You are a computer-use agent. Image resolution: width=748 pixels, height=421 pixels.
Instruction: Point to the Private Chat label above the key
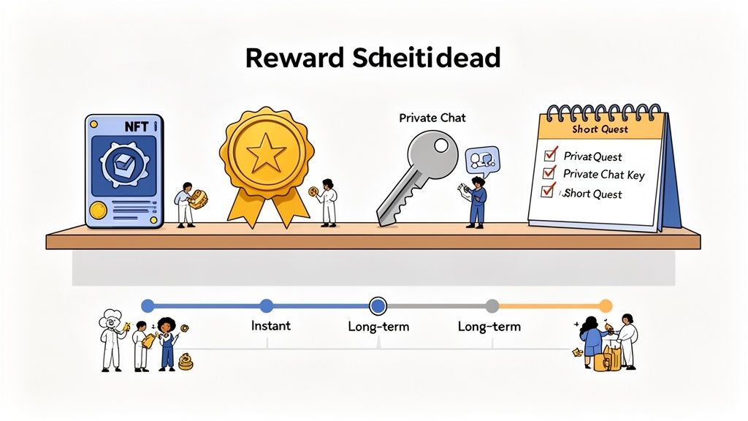point(432,117)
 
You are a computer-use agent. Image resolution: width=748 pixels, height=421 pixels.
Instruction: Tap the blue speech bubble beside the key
point(482,159)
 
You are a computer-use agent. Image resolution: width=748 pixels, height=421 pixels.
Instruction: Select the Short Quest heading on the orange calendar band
point(600,129)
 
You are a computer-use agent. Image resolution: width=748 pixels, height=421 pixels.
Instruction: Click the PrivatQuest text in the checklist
point(593,156)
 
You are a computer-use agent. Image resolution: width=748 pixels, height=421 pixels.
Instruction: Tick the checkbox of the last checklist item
point(547,192)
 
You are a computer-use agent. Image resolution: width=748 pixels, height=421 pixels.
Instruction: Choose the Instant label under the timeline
point(270,325)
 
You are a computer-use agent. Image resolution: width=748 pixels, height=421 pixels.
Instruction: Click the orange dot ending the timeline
point(605,306)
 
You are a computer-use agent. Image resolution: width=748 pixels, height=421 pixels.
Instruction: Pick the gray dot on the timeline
point(492,306)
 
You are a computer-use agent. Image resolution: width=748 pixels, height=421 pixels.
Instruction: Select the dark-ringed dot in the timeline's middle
point(378,306)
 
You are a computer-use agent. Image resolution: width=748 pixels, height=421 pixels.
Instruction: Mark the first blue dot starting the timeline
point(148,306)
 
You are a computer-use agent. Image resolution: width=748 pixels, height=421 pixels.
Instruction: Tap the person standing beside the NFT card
point(186,204)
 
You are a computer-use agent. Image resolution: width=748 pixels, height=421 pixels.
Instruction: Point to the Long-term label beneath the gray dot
point(489,326)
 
